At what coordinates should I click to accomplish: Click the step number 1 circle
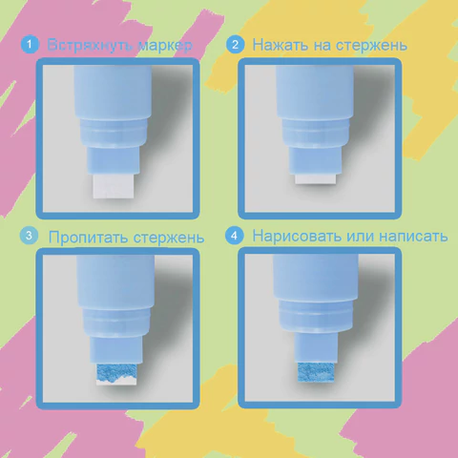30,45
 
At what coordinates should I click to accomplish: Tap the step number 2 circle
235,45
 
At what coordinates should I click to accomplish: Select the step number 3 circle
29,236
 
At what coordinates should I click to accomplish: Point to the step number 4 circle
234,236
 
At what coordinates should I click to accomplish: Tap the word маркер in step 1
165,46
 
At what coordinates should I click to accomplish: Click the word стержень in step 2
371,46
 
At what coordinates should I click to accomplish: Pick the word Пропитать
89,238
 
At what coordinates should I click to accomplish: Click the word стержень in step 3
169,239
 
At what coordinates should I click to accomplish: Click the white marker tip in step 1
114,186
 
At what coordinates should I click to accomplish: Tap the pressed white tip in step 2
316,179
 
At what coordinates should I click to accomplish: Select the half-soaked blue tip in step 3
116,374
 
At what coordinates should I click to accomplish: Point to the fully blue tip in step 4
316,372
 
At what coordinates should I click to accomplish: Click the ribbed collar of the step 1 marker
113,134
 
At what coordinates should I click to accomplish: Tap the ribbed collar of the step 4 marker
316,317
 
